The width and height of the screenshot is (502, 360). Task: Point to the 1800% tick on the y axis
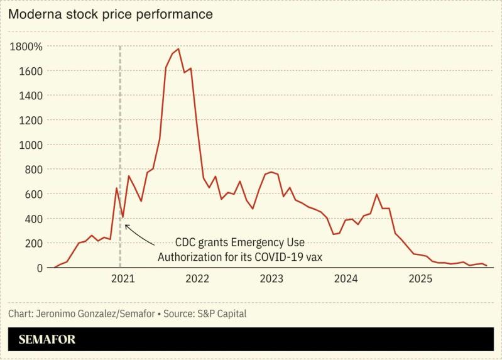coord(26,46)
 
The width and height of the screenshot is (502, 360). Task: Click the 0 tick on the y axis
coord(39,268)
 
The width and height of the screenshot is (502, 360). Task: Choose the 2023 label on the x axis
coord(271,279)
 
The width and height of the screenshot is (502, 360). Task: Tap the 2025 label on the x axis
coord(419,279)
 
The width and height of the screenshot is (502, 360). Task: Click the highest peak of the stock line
coord(178,49)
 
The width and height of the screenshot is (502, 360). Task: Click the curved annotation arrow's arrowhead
coord(126,226)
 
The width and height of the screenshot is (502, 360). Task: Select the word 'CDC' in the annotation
coord(185,243)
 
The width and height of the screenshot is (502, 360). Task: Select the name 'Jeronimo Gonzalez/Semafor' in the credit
coord(91,312)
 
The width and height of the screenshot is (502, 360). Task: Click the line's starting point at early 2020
coord(54,268)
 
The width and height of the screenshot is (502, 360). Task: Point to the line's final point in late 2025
coord(487,266)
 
